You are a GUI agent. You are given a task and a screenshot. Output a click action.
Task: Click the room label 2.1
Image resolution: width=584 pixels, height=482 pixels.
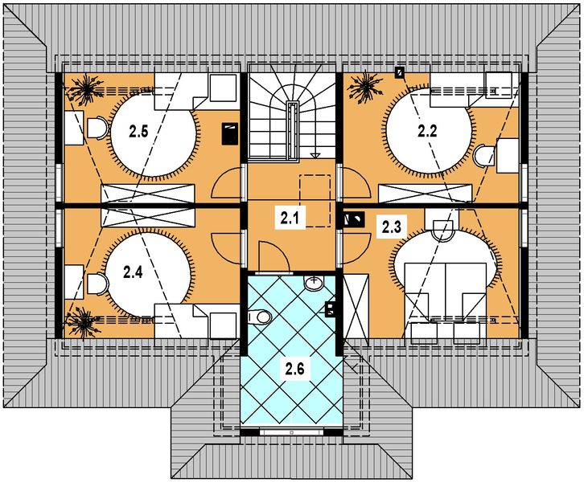pyautogui.click(x=289, y=216)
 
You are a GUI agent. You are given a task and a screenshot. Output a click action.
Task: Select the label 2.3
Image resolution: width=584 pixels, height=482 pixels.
pyautogui.click(x=391, y=227)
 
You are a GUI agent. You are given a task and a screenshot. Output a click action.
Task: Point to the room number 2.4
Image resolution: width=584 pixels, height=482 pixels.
pyautogui.click(x=134, y=272)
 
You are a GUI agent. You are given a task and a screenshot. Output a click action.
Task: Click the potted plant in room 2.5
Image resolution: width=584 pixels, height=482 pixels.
pyautogui.click(x=84, y=88)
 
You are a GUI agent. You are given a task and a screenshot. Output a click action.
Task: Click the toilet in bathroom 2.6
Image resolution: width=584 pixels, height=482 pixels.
pyautogui.click(x=259, y=317)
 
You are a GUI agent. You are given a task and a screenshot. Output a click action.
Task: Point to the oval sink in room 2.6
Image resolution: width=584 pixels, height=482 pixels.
pyautogui.click(x=315, y=284)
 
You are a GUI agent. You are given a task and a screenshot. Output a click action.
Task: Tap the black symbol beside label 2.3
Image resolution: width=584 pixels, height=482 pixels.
pyautogui.click(x=352, y=217)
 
